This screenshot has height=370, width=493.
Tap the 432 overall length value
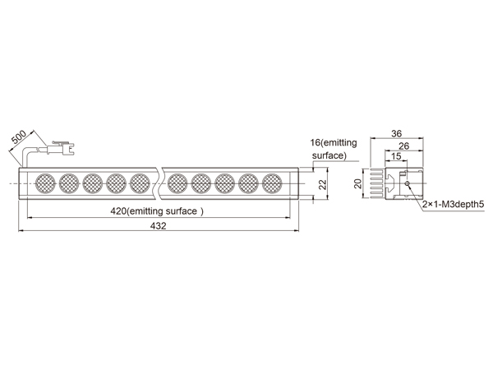pos(158,226)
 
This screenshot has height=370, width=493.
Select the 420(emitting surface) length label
pos(157,211)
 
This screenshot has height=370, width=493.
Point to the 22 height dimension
pos(323,183)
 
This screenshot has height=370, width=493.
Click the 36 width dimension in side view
pos(397,134)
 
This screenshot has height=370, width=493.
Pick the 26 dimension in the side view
pos(404,146)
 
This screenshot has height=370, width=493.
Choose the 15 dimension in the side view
pos(396,156)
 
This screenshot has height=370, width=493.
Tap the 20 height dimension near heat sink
pos(358,183)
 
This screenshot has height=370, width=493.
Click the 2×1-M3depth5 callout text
pos(453,205)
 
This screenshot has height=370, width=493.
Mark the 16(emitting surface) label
pos(334,149)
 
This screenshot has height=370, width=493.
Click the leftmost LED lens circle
pos(45,183)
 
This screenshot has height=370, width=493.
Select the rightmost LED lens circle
pos(272,183)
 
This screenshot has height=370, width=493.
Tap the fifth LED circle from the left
pos(140,183)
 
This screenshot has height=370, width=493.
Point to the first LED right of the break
pos(177,183)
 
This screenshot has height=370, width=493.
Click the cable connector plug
pos(60,148)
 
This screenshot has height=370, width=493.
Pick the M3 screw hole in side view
pos(408,183)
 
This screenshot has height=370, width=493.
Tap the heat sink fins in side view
pos(376,183)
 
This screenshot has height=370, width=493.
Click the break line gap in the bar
pos(159,183)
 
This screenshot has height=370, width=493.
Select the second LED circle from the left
pos(69,183)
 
